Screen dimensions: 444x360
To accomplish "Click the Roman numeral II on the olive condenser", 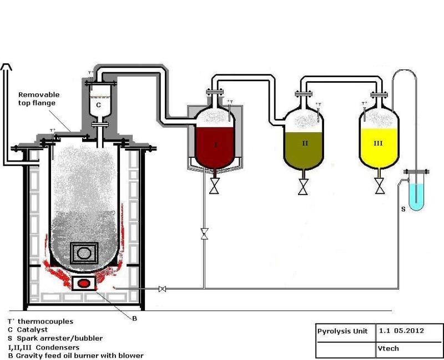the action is [305, 143].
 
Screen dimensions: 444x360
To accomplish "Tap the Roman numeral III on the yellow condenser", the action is [379, 143].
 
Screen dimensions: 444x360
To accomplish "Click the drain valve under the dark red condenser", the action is [214, 187].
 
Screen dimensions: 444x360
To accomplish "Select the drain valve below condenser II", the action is [303, 187].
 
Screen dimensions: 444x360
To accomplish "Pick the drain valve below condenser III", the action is [380, 186].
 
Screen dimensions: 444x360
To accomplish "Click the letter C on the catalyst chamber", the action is [98, 105].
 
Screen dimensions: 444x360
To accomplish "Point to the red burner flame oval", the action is [84, 283].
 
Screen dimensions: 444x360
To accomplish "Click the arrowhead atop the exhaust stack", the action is [6, 67].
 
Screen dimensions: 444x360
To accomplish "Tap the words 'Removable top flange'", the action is [39, 99].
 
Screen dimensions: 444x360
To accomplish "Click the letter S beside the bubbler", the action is [403, 209].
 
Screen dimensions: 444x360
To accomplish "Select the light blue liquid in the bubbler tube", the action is [417, 197].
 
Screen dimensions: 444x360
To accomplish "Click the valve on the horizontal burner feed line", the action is [162, 289].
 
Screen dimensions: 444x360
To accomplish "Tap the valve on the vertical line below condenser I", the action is [204, 234].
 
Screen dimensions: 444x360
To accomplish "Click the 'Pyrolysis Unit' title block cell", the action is [346, 333].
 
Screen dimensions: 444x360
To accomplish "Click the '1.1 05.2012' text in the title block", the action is [401, 331].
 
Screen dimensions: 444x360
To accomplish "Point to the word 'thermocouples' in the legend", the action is [46, 322].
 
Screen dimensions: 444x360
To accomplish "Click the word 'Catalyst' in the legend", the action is [32, 329].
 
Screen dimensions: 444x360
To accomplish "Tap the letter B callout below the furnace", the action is [135, 318].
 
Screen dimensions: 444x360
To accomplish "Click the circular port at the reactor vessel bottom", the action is [84, 253].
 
